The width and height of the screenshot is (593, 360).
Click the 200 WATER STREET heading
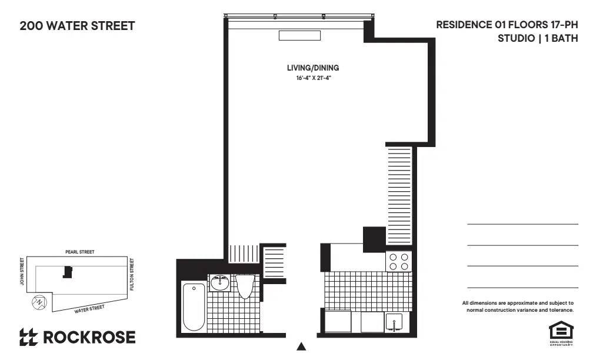[x=77, y=26]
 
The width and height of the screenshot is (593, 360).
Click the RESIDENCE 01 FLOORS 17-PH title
[x=507, y=25]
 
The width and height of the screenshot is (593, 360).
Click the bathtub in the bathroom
[x=194, y=306]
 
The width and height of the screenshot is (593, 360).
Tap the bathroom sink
[x=221, y=283]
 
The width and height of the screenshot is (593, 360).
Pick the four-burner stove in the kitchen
[x=398, y=261]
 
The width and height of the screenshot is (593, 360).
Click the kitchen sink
[x=393, y=322]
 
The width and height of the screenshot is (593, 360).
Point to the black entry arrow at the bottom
[x=301, y=346]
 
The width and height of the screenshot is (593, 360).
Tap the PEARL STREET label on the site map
[x=79, y=252]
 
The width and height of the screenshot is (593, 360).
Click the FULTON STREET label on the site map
[x=132, y=274]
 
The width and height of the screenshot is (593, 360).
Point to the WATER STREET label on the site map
[x=89, y=308]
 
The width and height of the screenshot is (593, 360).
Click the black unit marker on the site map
[x=68, y=272]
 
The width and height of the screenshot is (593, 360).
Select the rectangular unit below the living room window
[x=299, y=35]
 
